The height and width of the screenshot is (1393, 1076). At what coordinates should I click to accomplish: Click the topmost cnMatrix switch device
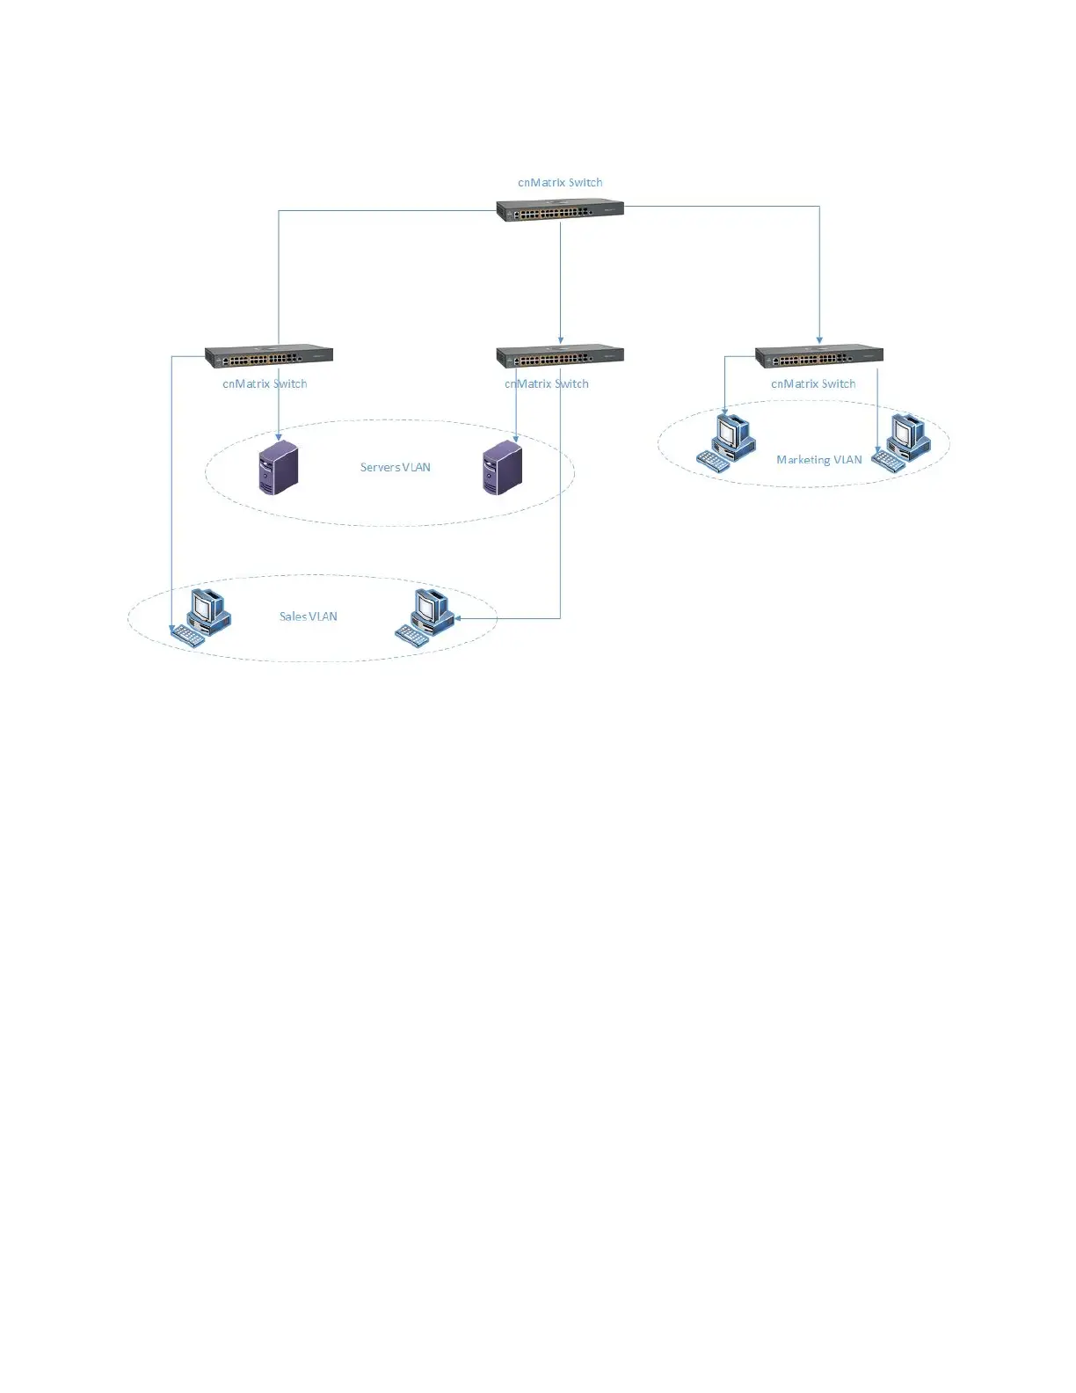(560, 211)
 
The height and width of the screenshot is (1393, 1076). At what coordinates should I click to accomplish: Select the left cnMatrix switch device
(269, 356)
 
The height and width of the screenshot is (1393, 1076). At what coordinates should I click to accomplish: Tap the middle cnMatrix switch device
(560, 356)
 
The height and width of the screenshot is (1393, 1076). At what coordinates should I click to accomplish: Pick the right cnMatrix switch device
(819, 356)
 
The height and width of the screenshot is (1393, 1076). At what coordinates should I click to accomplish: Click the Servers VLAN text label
(396, 467)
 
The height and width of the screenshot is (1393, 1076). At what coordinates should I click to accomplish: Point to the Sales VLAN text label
(309, 616)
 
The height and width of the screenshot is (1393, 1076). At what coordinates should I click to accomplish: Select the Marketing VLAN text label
(819, 460)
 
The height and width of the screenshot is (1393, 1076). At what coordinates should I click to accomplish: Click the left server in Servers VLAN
(279, 470)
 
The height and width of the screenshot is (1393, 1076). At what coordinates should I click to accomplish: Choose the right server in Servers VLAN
(502, 470)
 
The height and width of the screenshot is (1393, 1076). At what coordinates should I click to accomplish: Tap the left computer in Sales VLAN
(200, 618)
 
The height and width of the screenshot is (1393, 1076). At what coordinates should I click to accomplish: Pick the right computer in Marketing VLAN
(901, 442)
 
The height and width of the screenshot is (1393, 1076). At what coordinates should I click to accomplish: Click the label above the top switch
(560, 183)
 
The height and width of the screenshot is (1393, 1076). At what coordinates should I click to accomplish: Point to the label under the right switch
(813, 384)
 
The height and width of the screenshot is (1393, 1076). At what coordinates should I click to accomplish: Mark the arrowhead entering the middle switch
(561, 340)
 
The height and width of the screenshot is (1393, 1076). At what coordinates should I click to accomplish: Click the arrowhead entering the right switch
(819, 339)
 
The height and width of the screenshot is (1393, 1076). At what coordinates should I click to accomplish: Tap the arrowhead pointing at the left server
(279, 436)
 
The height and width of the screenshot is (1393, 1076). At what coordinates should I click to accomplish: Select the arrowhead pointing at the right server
(516, 437)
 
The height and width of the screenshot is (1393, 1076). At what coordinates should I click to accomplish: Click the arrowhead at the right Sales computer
(458, 618)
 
